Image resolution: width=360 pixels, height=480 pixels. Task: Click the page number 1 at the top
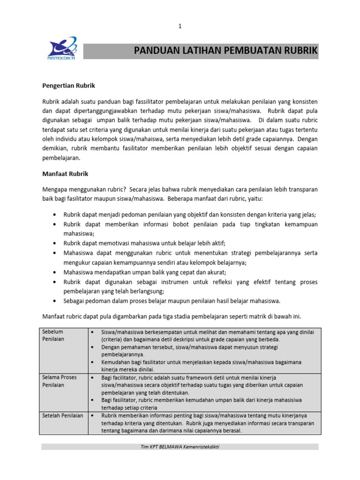(x=180, y=27)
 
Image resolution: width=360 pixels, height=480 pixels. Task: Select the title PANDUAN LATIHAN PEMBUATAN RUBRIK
(x=225, y=51)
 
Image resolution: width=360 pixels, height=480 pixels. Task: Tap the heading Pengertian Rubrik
(x=69, y=86)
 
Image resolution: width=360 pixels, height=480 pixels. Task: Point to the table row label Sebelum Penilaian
(x=53, y=335)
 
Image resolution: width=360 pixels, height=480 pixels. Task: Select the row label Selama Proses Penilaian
(x=59, y=381)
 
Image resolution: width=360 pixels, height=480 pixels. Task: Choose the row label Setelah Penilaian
(x=62, y=415)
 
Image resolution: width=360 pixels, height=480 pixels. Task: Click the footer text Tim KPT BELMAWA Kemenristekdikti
(x=180, y=447)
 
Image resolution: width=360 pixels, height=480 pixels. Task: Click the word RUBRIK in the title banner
(x=300, y=51)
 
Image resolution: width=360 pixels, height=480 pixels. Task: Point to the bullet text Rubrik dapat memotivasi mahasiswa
(x=144, y=243)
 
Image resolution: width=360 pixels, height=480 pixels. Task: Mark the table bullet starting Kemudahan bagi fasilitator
(x=202, y=362)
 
